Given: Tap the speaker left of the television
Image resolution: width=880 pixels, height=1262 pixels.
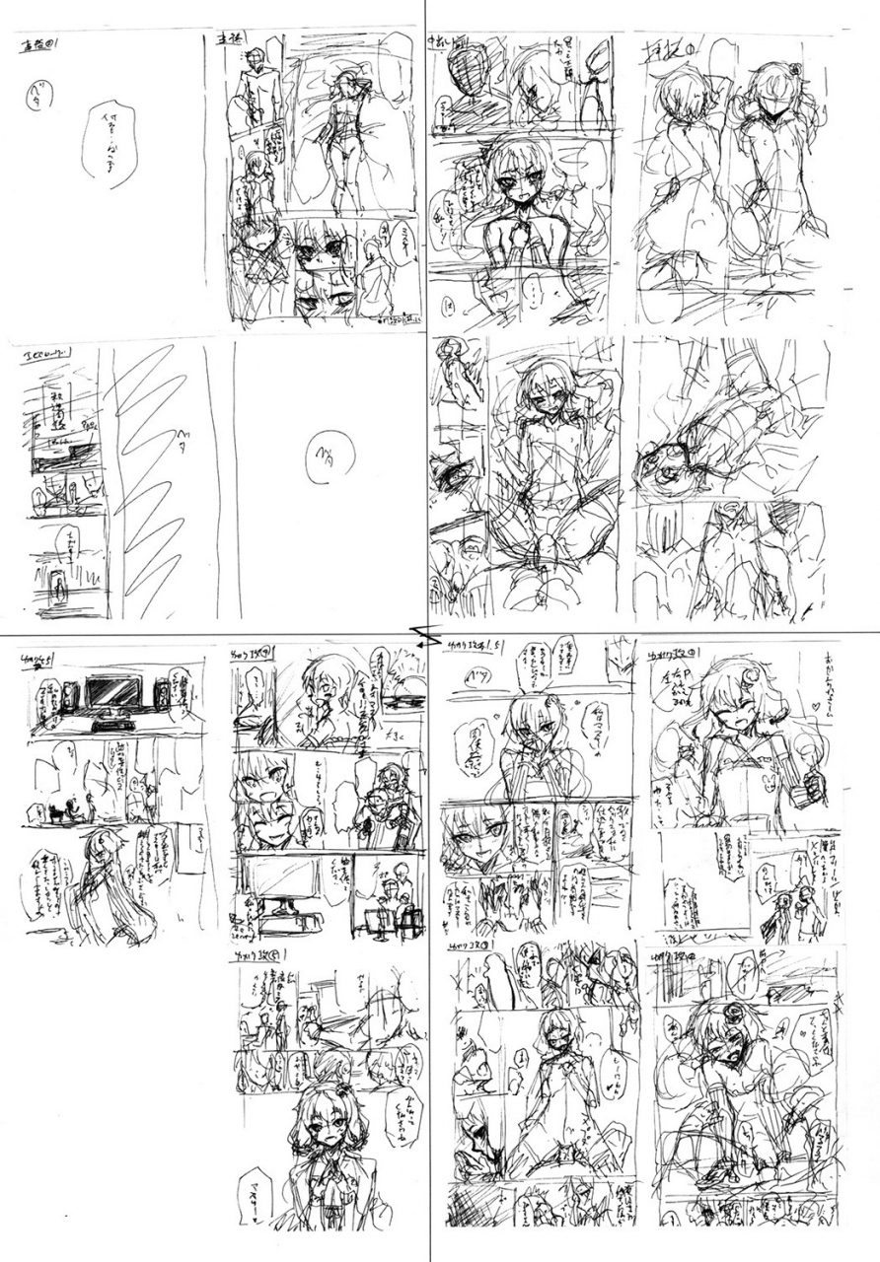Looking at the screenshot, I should pos(70,698).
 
